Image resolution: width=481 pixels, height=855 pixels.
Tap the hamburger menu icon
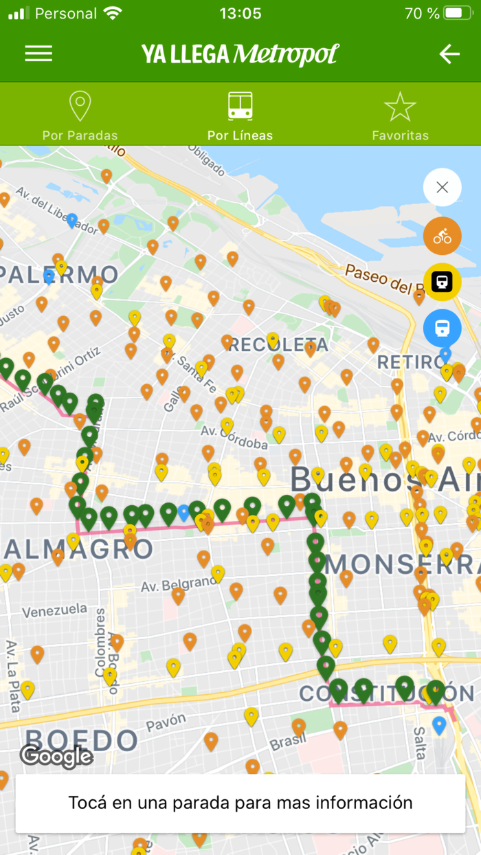38,54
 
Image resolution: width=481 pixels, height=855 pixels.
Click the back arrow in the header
449,54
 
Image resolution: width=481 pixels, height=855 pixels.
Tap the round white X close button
442,187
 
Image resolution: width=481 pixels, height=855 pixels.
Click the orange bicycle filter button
442,236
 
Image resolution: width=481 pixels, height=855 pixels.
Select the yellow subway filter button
442,282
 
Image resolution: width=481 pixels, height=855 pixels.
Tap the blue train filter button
442,328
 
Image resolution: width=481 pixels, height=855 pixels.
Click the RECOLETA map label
278,344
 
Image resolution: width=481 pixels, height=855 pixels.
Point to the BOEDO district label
81,740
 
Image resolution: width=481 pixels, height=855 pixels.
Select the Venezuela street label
54,610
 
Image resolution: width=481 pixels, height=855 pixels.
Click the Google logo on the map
56,757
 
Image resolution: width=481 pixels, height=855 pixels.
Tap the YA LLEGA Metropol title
240,54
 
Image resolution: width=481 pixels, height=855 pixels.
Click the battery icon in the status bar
458,13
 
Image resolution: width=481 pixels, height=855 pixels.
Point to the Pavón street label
166,722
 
